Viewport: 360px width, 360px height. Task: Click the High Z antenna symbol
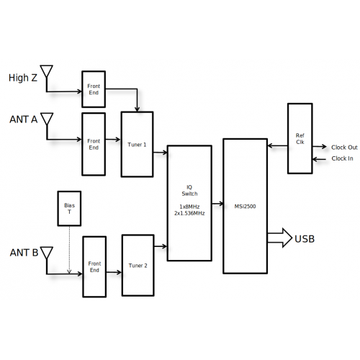(47, 71)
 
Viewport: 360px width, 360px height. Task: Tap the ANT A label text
(24, 120)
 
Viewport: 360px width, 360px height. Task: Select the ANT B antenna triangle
(47, 253)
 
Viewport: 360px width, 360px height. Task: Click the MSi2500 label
(245, 207)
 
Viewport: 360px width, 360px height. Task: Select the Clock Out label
(344, 148)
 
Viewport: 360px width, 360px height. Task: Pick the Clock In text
(342, 158)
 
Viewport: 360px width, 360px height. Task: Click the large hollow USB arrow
(279, 238)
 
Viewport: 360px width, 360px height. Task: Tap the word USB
(305, 239)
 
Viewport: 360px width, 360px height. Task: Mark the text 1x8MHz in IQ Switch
(189, 207)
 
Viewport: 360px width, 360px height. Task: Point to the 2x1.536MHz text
(189, 213)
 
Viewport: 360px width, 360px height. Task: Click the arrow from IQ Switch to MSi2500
(217, 204)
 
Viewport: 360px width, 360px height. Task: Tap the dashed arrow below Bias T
(69, 250)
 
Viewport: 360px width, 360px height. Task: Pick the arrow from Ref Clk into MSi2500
(278, 145)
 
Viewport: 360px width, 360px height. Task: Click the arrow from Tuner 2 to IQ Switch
(161, 246)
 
